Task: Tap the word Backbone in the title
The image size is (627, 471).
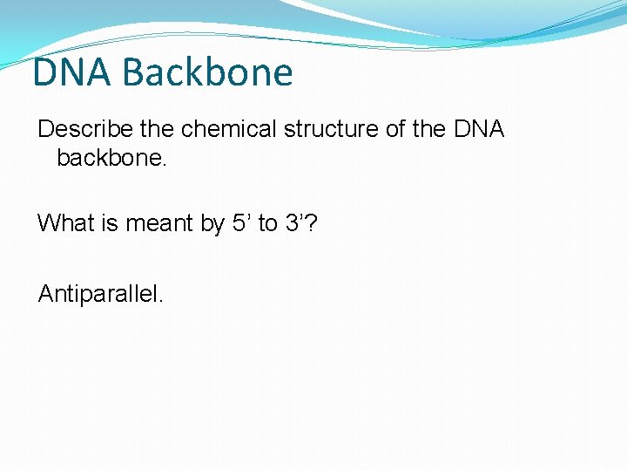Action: pyautogui.click(x=208, y=72)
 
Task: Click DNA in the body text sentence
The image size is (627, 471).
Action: pyautogui.click(x=479, y=129)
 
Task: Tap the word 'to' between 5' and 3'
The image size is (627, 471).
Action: pyautogui.click(x=267, y=223)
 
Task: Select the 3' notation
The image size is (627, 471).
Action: pyautogui.click(x=297, y=223)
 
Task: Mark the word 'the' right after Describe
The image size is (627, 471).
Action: pyautogui.click(x=157, y=129)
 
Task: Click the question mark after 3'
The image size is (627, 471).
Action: pyautogui.click(x=312, y=223)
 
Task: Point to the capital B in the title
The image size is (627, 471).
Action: pyautogui.click(x=136, y=72)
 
